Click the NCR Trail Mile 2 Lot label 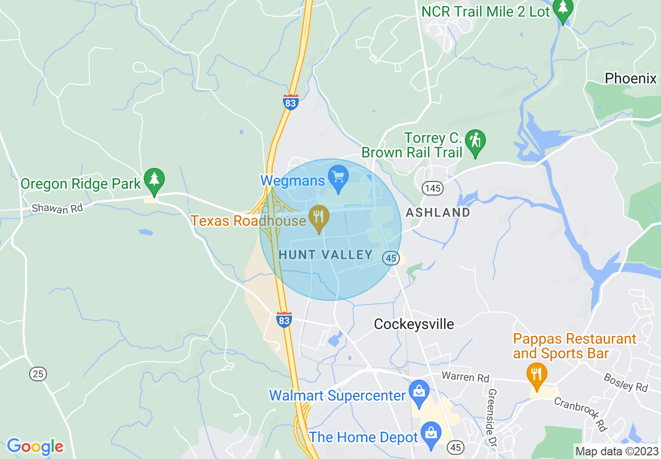point(486,11)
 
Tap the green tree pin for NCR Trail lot point(563,9)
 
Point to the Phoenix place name point(631,79)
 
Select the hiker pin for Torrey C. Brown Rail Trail point(475,142)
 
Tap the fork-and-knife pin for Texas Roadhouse point(318,218)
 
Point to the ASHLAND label point(438,212)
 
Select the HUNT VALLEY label point(326,255)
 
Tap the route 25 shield point(38,373)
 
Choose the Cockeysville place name point(414,324)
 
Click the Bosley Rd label point(626,382)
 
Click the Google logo point(35,447)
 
